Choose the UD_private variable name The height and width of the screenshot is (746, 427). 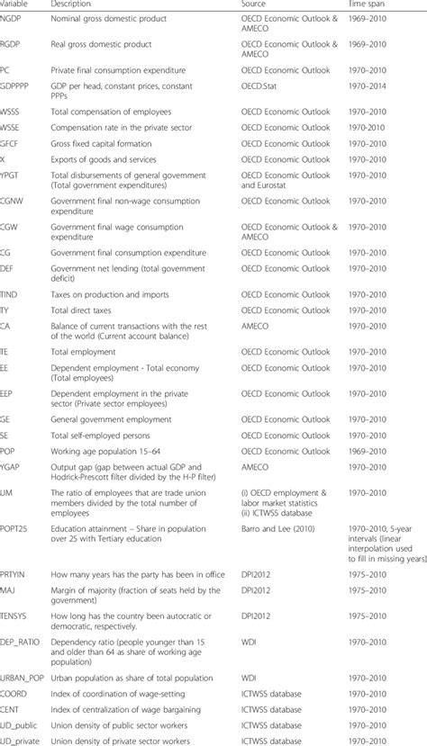(23, 737)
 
